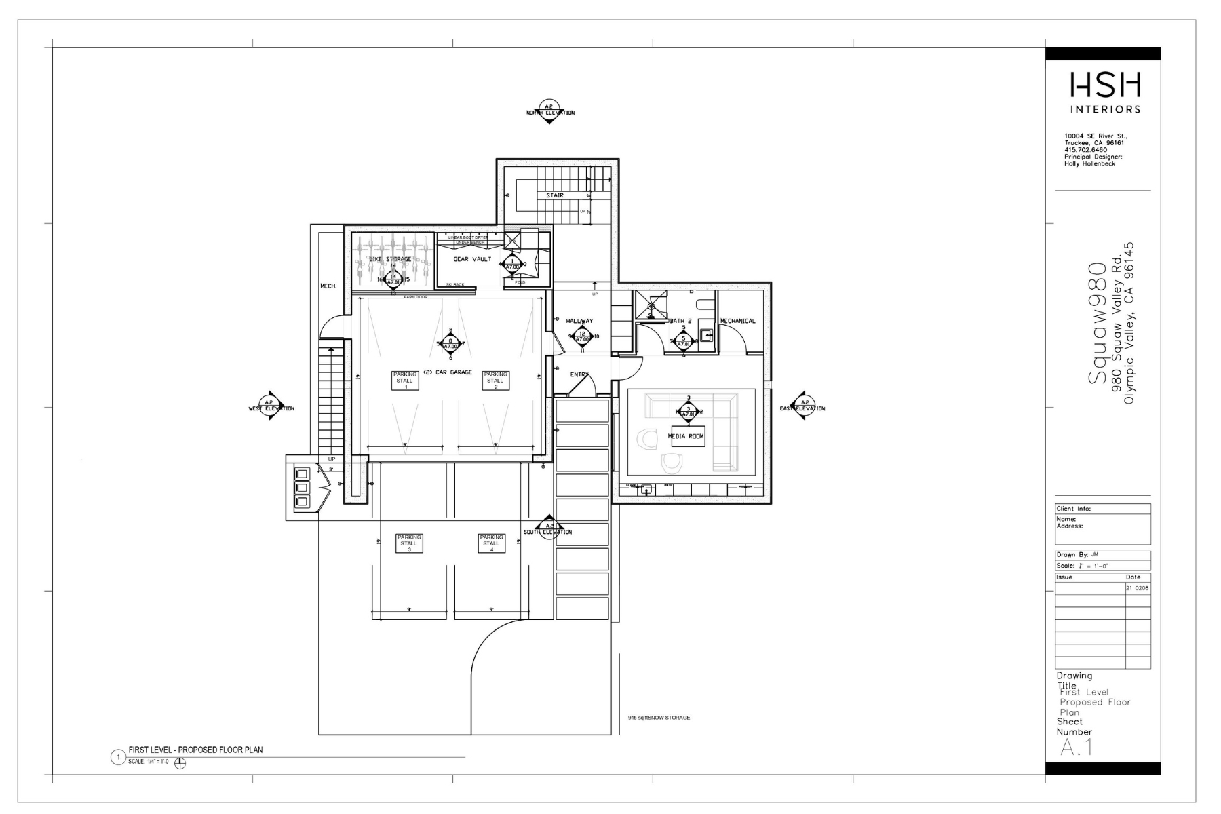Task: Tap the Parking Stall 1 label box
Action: click(x=405, y=381)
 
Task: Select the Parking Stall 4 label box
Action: click(x=491, y=543)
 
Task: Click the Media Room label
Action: click(x=686, y=436)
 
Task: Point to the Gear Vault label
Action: click(x=472, y=259)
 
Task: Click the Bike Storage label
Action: click(x=390, y=259)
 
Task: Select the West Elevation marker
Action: click(x=271, y=406)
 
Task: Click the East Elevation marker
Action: click(x=802, y=406)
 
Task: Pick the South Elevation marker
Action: click(x=547, y=529)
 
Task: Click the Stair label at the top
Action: click(x=555, y=195)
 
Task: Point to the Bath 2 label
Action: click(x=680, y=321)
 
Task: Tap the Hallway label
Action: click(x=579, y=321)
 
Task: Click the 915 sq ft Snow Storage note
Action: click(x=659, y=718)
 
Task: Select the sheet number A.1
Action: click(x=1076, y=748)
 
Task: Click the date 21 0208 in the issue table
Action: click(x=1138, y=588)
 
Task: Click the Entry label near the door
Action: click(x=579, y=374)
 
